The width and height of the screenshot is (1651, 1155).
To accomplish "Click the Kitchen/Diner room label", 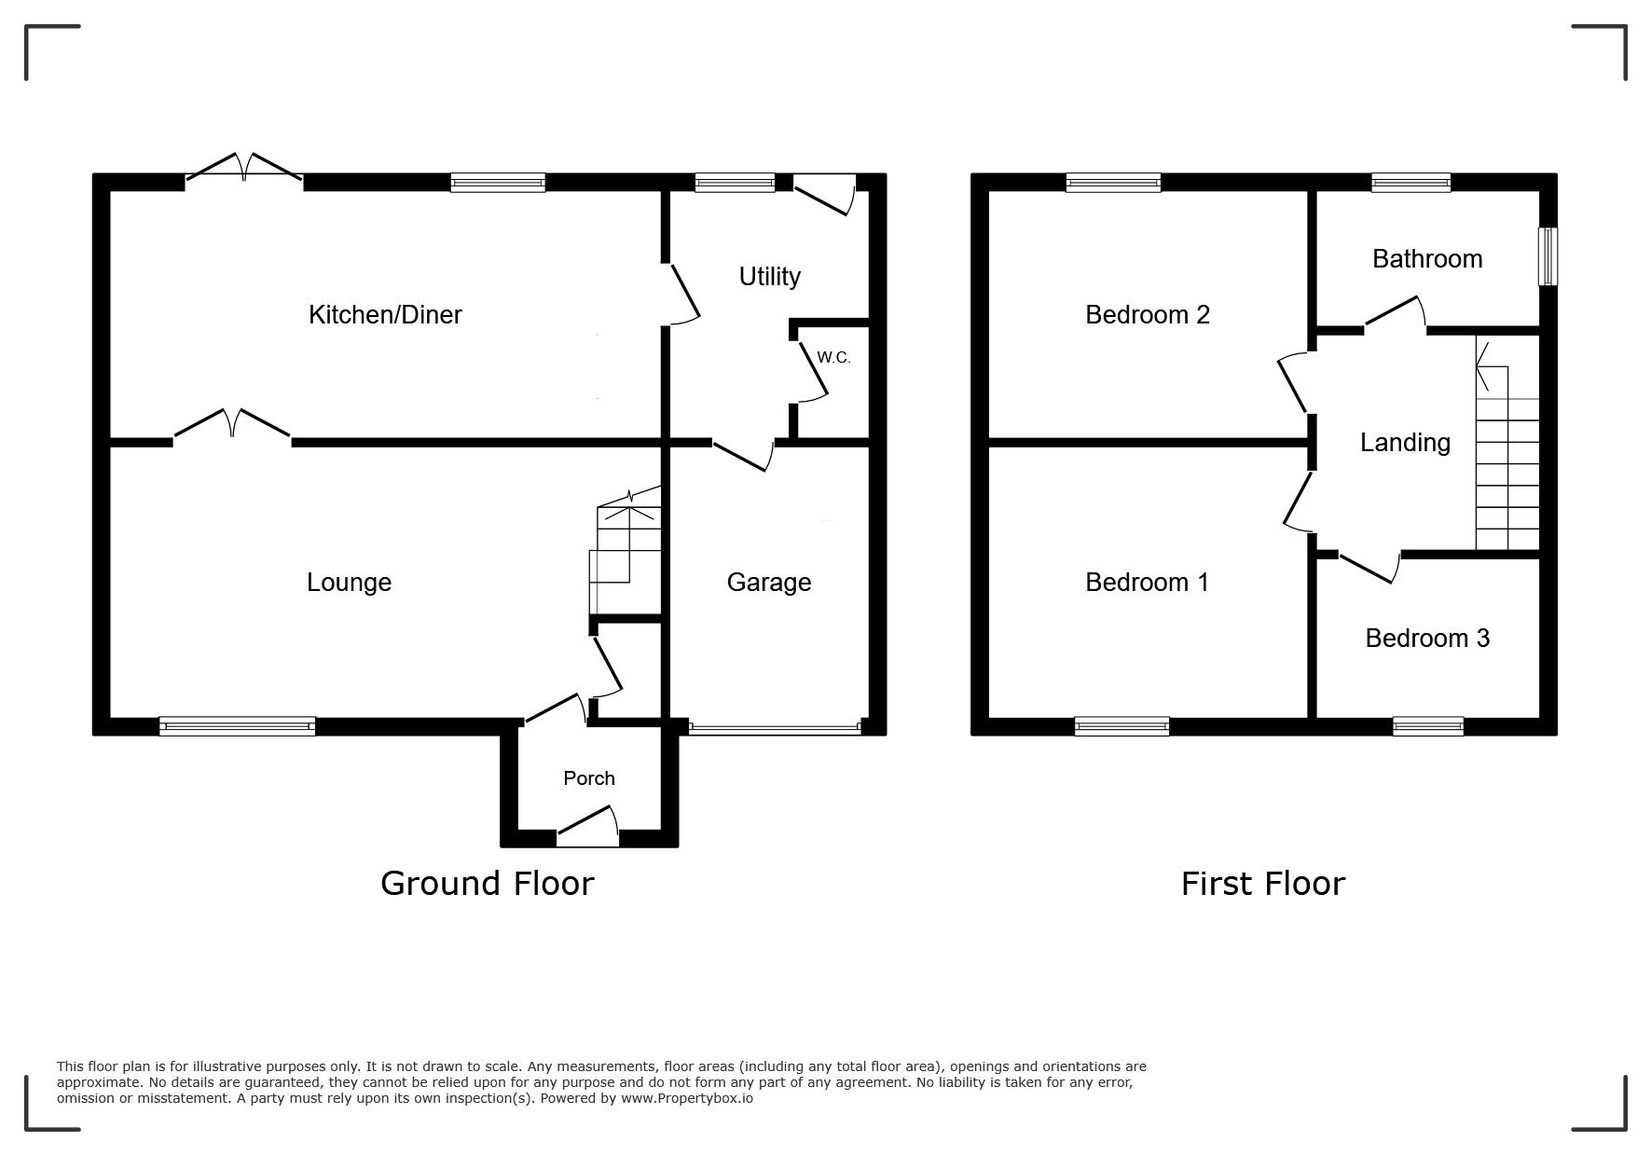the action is pyautogui.click(x=385, y=315).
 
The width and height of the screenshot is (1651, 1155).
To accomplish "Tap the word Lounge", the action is pyautogui.click(x=349, y=583).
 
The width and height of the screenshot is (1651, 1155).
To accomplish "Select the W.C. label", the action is pyautogui.click(x=833, y=357).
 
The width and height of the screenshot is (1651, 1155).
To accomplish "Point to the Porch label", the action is pyautogui.click(x=589, y=777).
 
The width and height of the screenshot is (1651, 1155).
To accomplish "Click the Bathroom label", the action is pyautogui.click(x=1427, y=258).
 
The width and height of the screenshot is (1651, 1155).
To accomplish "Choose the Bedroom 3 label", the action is pyautogui.click(x=1427, y=638).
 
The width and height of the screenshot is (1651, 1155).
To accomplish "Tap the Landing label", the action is pyautogui.click(x=1405, y=442).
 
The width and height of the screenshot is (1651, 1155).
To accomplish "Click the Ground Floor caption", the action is pyautogui.click(x=487, y=883).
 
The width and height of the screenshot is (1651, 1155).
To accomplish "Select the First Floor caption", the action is pyautogui.click(x=1263, y=883).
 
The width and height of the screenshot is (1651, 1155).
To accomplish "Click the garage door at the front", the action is pyautogui.click(x=775, y=729).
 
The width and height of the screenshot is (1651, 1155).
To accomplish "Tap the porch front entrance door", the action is pyautogui.click(x=587, y=829).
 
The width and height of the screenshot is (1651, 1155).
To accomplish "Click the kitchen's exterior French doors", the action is pyautogui.click(x=244, y=168).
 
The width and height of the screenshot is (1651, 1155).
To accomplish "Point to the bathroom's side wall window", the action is pyautogui.click(x=1548, y=256).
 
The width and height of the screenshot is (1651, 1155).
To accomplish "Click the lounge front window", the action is pyautogui.click(x=237, y=726).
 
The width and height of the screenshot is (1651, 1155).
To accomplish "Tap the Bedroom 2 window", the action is pyautogui.click(x=1113, y=183).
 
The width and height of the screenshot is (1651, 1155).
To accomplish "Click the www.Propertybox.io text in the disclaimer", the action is pyautogui.click(x=687, y=1098).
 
